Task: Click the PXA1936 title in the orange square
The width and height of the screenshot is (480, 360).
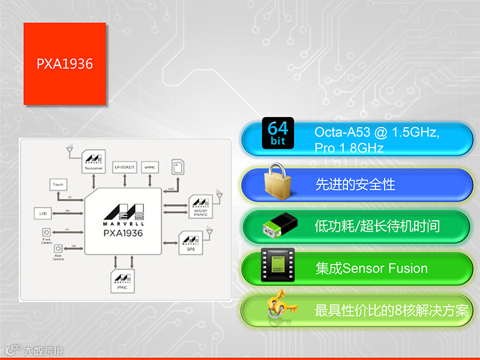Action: coord(65,64)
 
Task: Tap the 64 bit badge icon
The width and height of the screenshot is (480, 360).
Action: coord(278,133)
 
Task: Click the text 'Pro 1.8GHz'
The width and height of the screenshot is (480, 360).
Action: coord(349,148)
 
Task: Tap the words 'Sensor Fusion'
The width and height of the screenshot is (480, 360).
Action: coord(385,268)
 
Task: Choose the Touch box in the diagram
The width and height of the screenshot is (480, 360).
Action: coord(58,185)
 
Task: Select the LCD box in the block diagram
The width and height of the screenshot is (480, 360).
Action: coord(43,213)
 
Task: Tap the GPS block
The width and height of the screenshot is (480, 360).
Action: coord(191,241)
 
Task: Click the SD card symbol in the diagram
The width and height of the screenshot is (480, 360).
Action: coord(178,166)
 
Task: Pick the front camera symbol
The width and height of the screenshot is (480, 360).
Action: coord(46,232)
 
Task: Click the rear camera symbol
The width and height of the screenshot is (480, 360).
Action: coord(58,248)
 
